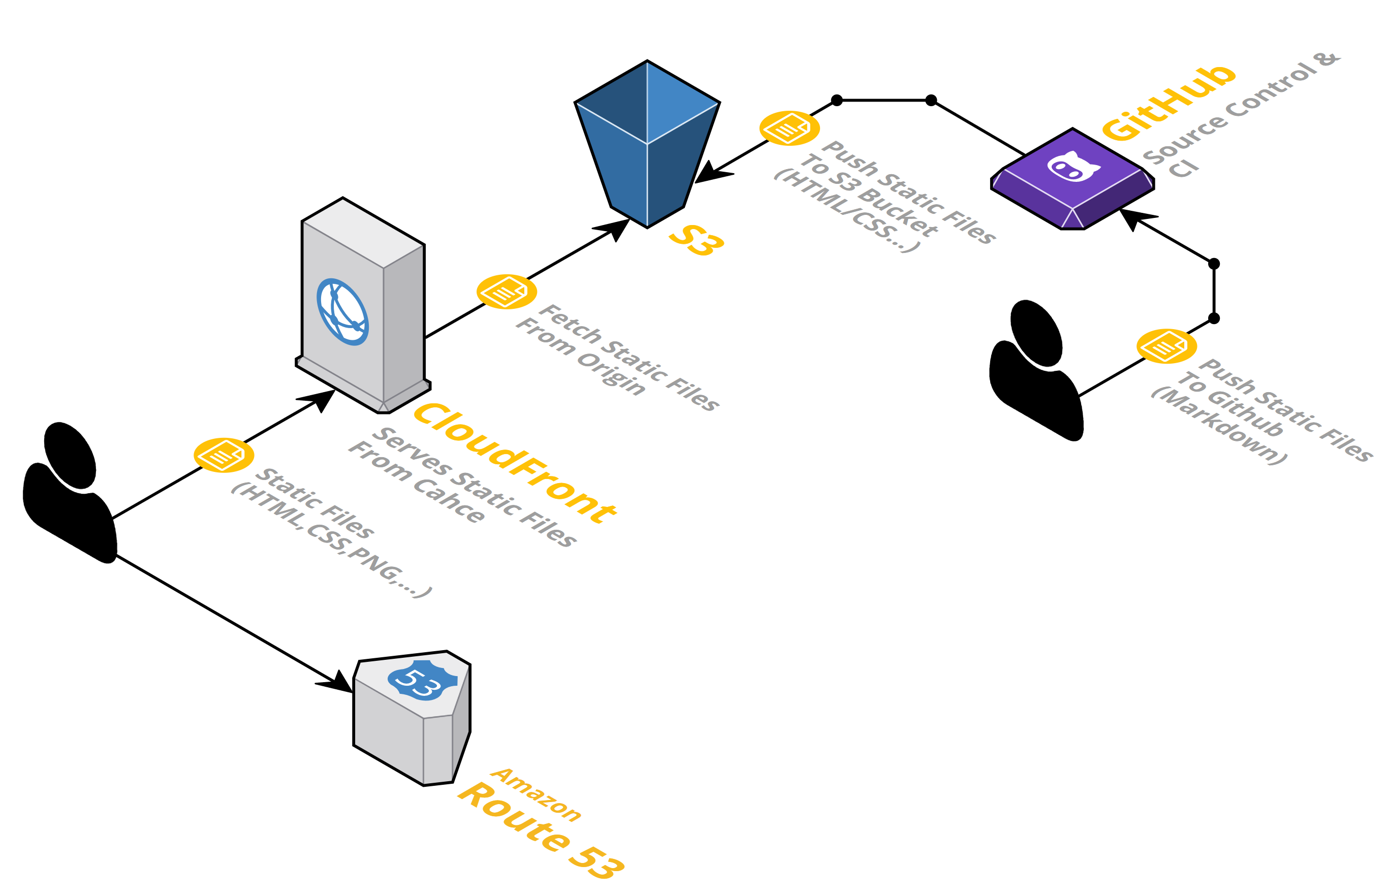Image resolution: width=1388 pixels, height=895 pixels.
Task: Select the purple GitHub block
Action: [1072, 180]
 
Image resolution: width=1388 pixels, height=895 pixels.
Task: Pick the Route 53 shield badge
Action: [423, 681]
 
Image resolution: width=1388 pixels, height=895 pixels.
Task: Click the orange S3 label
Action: [697, 239]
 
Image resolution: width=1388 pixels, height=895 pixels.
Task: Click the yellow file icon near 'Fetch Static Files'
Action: [506, 292]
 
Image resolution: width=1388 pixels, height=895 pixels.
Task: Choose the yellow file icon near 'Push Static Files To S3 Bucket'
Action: [790, 128]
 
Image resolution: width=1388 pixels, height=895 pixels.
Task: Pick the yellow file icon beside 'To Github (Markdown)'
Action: [1166, 346]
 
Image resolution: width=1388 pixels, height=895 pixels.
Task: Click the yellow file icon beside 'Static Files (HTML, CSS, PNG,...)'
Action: [224, 455]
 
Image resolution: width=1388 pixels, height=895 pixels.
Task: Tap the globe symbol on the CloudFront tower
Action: [342, 312]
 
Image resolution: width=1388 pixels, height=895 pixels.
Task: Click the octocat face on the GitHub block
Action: [1073, 167]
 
